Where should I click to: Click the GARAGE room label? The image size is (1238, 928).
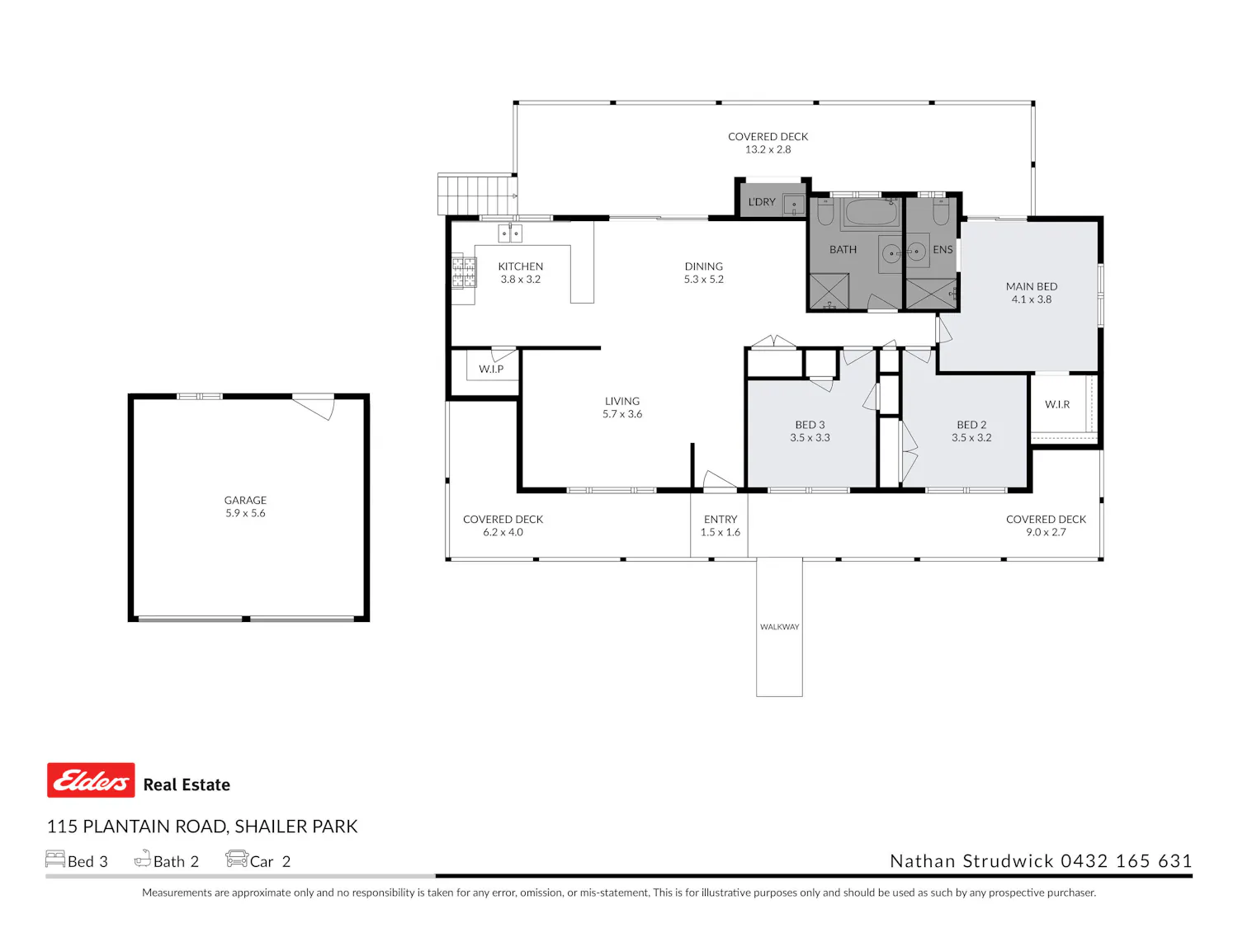tap(245, 499)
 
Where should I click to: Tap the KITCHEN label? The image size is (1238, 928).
tap(520, 266)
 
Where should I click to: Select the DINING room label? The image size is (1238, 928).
tap(702, 266)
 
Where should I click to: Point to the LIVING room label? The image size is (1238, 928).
tap(621, 401)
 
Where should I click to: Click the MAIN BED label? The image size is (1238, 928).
tap(1031, 286)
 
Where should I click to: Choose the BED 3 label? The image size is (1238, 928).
tap(809, 424)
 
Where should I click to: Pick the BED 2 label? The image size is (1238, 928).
tap(971, 424)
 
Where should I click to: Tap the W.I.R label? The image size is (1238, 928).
tap(1056, 404)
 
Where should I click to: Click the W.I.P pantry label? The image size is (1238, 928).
tap(491, 369)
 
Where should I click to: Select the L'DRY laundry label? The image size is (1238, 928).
tap(761, 202)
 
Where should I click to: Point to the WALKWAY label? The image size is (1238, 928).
tap(778, 626)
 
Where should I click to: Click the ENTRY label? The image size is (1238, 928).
tap(720, 519)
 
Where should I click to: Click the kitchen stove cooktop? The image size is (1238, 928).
tap(464, 272)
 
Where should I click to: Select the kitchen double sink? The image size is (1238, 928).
tap(509, 233)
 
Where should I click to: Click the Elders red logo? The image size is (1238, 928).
tap(91, 780)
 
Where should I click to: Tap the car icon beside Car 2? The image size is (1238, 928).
tap(236, 858)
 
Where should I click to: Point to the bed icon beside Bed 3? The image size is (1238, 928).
tap(55, 858)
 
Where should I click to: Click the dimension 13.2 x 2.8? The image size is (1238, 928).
tap(767, 149)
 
